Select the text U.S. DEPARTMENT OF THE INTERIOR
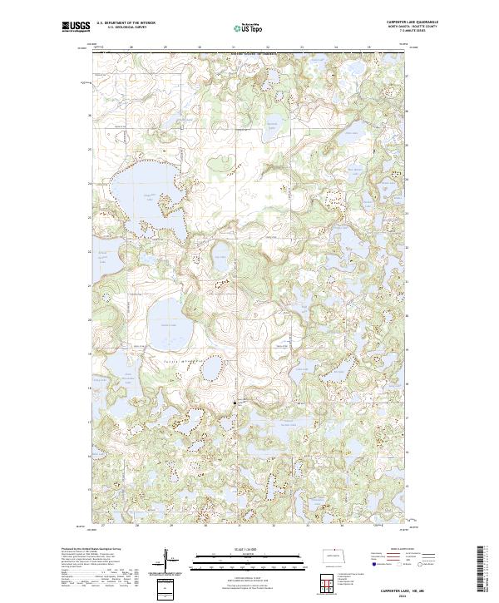pos(126,23)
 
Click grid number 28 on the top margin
pos(132,48)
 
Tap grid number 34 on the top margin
pos(335,48)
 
